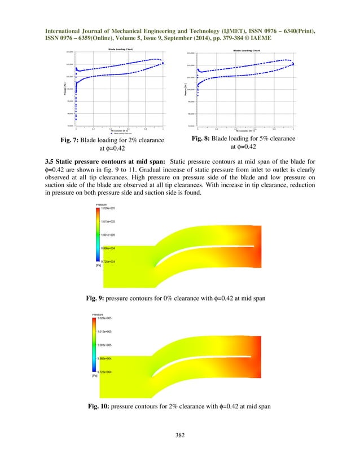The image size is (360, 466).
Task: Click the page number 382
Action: click(179, 436)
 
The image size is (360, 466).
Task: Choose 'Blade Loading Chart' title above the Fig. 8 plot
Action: click(247, 50)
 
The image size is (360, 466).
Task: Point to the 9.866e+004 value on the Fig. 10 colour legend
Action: click(108, 358)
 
